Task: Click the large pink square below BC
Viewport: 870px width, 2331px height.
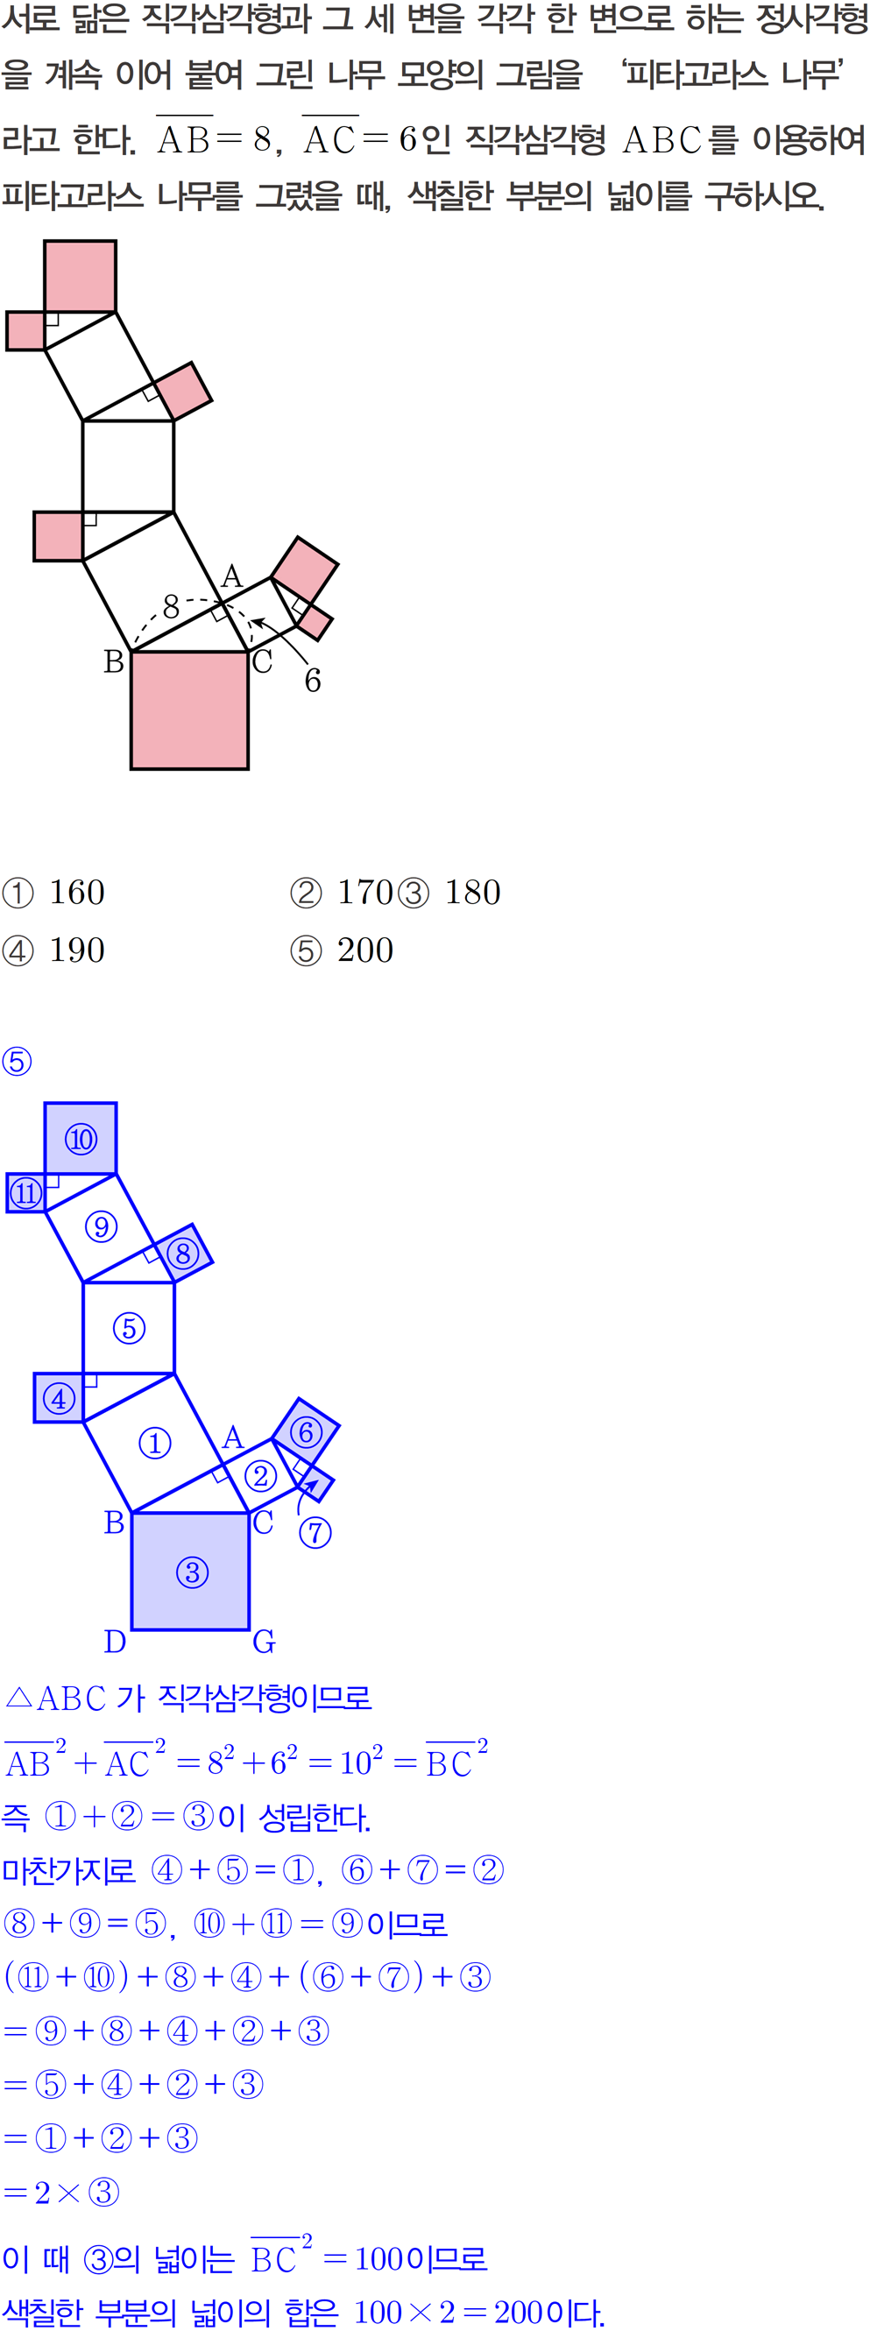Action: coord(189,710)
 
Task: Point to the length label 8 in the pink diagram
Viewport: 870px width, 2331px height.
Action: coord(171,605)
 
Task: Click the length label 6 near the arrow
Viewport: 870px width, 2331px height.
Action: coord(312,681)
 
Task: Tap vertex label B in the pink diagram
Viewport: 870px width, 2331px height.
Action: coord(114,662)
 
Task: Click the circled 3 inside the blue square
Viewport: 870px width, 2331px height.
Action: coord(192,1572)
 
